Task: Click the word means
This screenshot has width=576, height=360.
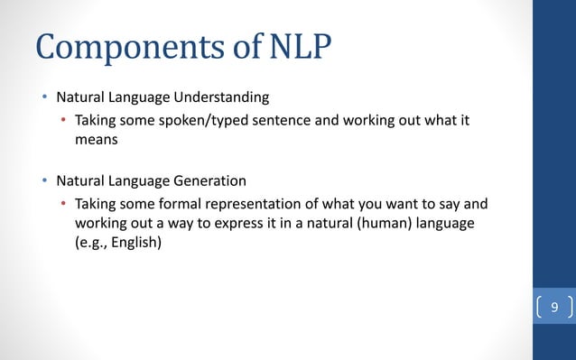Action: click(96, 140)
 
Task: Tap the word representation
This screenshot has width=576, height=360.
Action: click(255, 204)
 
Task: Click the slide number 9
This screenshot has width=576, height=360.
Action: click(554, 309)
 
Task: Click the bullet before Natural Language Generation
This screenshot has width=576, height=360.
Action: click(43, 181)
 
